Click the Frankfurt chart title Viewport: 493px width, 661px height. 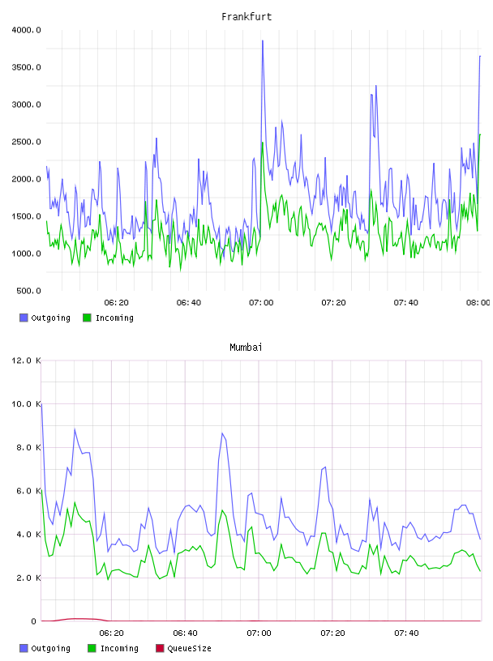(246, 16)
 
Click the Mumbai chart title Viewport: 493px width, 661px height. (246, 347)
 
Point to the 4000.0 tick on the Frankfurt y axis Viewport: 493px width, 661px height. (26, 30)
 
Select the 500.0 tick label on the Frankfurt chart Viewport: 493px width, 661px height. (28, 291)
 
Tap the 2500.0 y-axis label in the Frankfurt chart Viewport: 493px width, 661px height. (26, 142)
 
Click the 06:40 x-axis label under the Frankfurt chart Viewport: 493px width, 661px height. (189, 302)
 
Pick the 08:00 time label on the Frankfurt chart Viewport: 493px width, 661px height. (478, 302)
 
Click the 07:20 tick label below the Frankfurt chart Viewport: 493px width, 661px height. (333, 302)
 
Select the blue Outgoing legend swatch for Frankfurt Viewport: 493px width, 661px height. (24, 318)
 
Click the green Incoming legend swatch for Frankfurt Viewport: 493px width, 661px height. (87, 318)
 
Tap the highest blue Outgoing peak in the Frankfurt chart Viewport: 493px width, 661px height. (263, 41)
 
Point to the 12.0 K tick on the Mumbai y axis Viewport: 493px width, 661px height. (26, 360)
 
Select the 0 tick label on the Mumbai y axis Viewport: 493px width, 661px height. (34, 621)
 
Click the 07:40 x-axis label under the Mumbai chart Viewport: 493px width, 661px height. (406, 633)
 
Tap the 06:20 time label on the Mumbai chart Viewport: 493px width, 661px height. (111, 633)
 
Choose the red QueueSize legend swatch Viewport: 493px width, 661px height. (160, 648)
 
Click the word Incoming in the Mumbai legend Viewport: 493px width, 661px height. (119, 649)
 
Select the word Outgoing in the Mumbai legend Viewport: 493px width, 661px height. (50, 649)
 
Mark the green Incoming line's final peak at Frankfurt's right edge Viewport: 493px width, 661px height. (480, 134)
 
